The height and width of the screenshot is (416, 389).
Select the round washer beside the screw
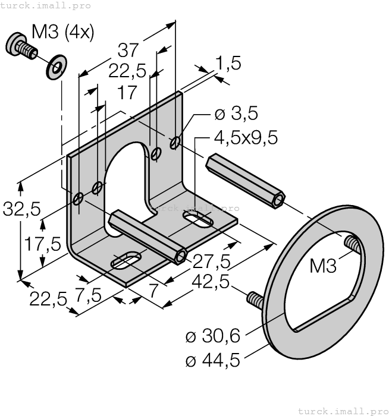tap(56, 67)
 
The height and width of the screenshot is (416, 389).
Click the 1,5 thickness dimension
tap(228, 64)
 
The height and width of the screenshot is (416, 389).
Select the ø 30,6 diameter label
tap(212, 336)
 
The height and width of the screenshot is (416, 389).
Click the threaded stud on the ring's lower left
tap(254, 300)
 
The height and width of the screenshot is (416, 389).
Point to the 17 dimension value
tap(126, 93)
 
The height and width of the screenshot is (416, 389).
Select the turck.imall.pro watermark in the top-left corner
tap(46, 5)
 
